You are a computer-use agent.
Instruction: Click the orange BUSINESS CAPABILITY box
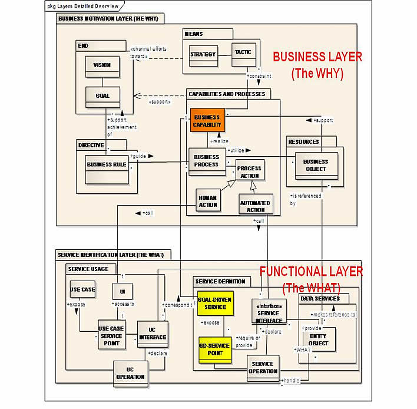207,121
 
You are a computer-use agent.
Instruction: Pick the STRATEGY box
203,55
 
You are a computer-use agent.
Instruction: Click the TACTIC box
243,53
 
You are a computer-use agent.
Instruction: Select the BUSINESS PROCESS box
206,161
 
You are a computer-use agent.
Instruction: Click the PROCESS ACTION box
249,171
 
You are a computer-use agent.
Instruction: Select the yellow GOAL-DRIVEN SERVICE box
214,304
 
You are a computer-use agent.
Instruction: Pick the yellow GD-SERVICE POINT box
214,349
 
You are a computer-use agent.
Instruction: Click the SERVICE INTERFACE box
268,313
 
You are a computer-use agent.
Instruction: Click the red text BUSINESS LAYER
317,57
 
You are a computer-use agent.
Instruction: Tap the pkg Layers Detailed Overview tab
83,6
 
